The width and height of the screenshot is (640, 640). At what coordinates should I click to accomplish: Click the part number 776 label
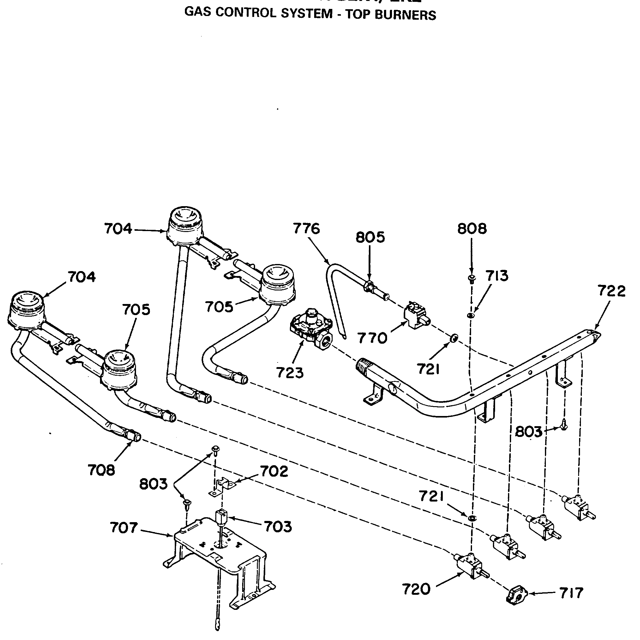tap(306, 229)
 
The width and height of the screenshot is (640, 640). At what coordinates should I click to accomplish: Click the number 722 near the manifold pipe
tap(611, 291)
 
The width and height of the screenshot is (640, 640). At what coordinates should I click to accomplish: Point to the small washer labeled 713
tap(470, 315)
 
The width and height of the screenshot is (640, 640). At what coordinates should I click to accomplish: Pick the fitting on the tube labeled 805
tap(369, 285)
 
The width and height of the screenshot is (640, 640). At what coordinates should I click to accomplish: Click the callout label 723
tap(290, 373)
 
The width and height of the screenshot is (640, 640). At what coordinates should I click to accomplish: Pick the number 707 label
tap(124, 528)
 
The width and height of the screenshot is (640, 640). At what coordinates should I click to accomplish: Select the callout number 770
tap(372, 338)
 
